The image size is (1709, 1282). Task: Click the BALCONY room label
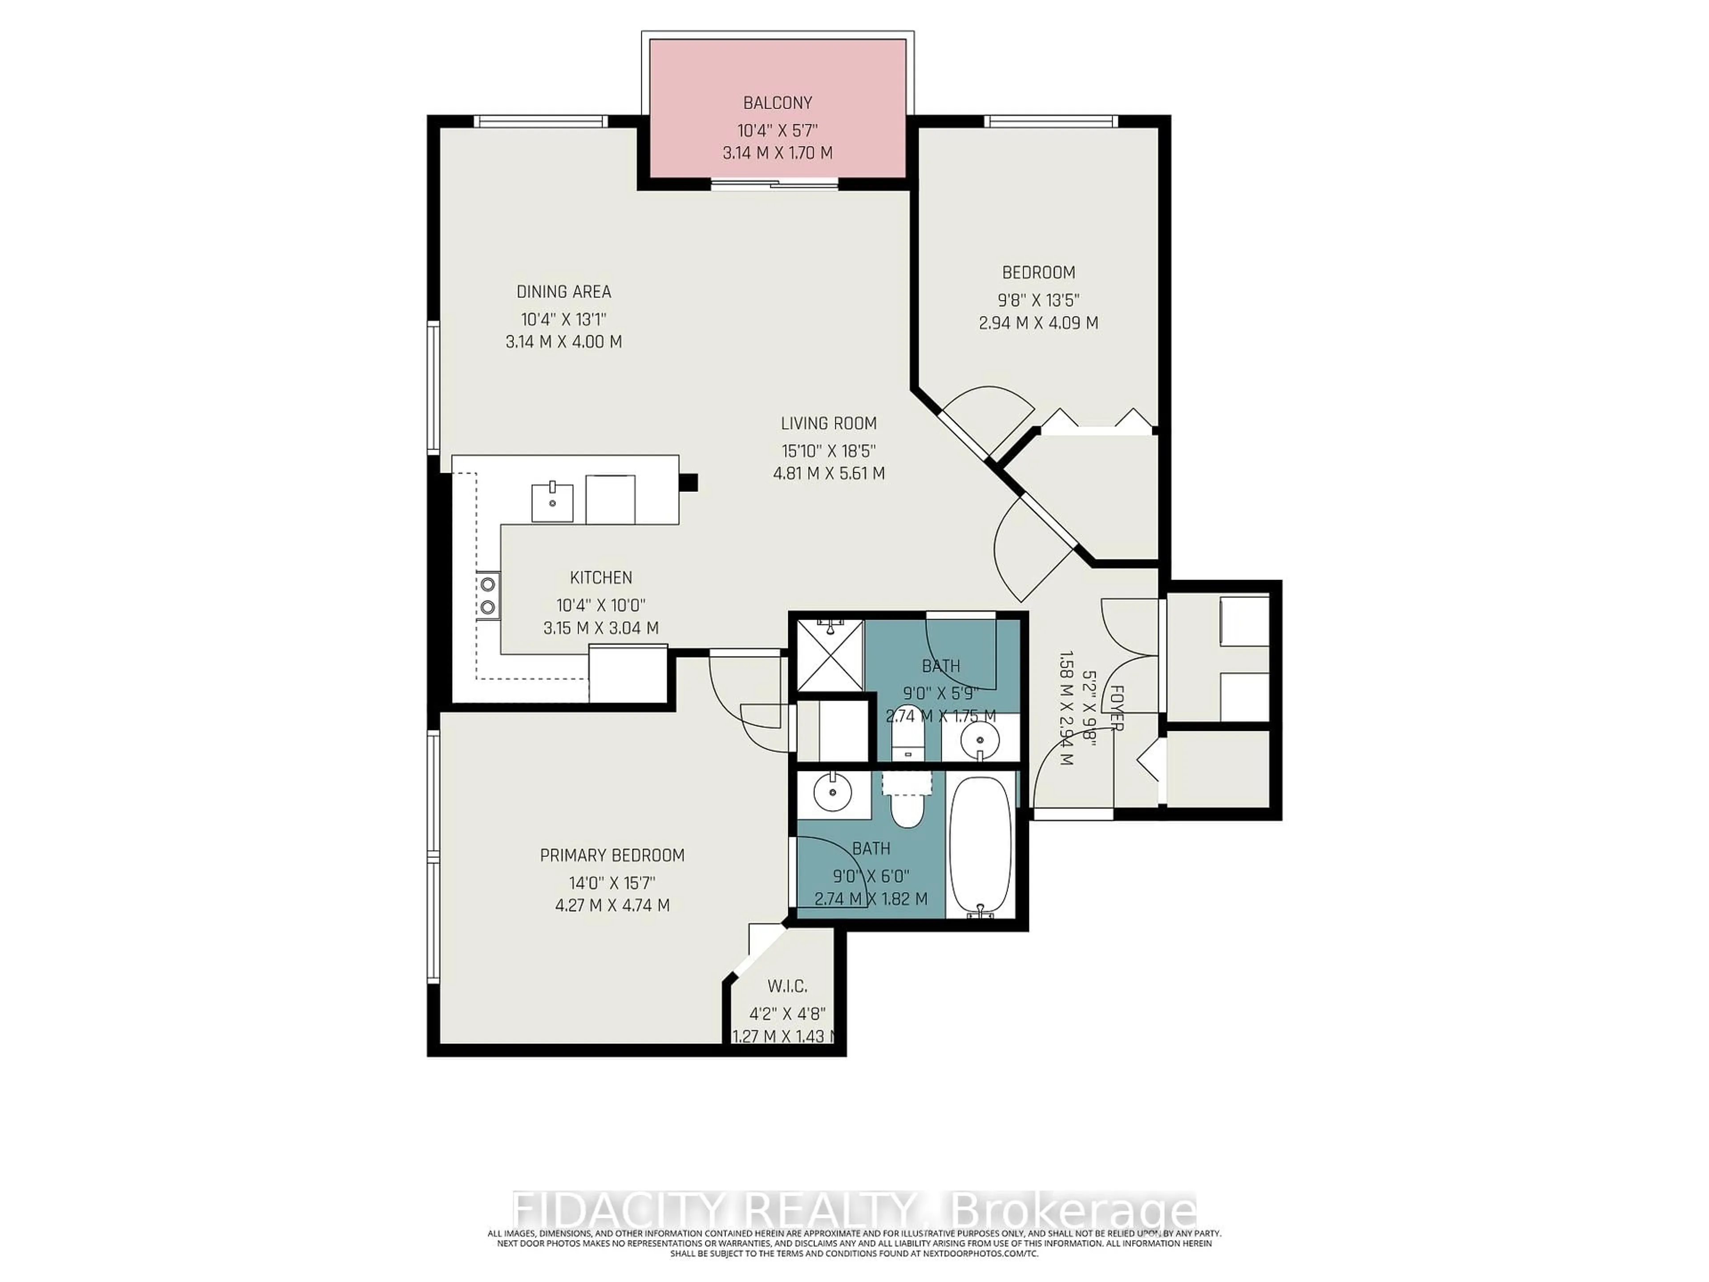pyautogui.click(x=777, y=103)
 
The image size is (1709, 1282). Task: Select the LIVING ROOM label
pyautogui.click(x=828, y=423)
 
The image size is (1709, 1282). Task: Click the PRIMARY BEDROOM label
pyautogui.click(x=612, y=856)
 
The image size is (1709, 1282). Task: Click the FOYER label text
pyautogui.click(x=1116, y=707)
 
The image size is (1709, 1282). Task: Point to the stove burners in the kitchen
pyautogui.click(x=487, y=596)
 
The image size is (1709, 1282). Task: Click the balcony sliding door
pyautogui.click(x=774, y=184)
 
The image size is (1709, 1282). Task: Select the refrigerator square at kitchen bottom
pyautogui.click(x=628, y=674)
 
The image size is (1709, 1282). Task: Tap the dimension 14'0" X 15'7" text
pyautogui.click(x=612, y=882)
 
